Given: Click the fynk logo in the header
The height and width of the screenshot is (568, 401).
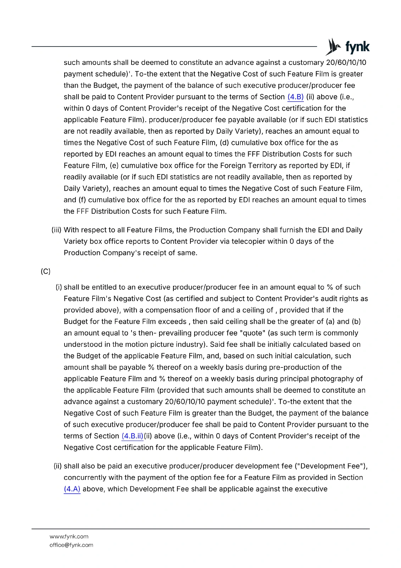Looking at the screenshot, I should (x=347, y=47).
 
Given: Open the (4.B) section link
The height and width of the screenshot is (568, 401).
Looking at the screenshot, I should (x=295, y=97).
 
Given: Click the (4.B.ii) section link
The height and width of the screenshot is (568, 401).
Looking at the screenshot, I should (x=132, y=436).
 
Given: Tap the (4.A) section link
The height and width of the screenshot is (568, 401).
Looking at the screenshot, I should (x=72, y=489).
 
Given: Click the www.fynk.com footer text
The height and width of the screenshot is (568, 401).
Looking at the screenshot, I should (x=69, y=536).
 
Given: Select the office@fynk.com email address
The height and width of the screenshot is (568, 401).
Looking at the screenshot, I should (x=71, y=545).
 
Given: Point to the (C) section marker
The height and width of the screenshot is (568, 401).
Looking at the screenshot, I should (x=46, y=271).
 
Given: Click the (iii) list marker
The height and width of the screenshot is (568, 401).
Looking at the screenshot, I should (x=56, y=230).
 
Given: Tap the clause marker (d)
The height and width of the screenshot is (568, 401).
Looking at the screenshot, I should (x=224, y=143).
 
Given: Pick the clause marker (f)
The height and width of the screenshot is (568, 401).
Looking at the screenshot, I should (x=82, y=200).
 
